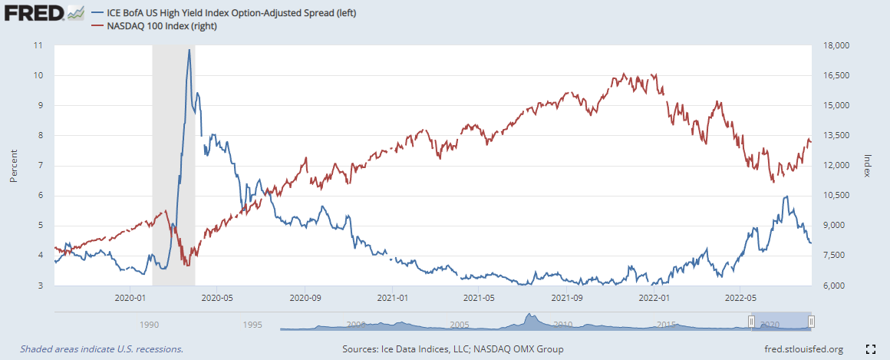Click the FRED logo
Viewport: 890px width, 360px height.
(x=44, y=13)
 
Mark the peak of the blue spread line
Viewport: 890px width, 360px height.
(x=189, y=50)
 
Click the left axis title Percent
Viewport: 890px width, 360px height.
(x=14, y=165)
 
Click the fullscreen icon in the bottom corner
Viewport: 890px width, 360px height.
(x=870, y=349)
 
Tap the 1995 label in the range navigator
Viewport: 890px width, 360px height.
(x=252, y=325)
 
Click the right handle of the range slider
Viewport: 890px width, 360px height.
(x=811, y=322)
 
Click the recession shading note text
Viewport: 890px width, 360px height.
(x=102, y=349)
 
